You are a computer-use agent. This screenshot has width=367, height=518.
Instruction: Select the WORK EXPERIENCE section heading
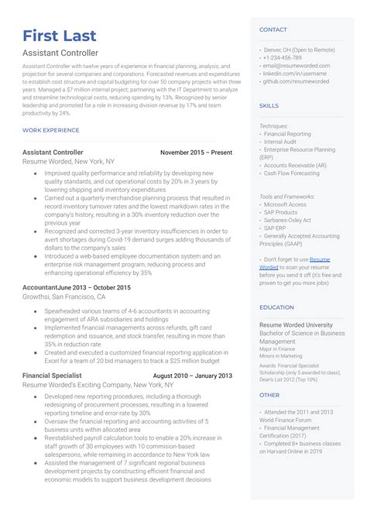point(51,130)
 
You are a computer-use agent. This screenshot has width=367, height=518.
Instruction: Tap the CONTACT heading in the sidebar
point(273,29)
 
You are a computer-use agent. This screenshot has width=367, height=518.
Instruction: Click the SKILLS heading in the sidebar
point(269,105)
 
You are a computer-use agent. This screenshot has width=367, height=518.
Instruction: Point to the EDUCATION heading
point(276,307)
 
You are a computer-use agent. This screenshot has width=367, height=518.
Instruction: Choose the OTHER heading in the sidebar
point(269,395)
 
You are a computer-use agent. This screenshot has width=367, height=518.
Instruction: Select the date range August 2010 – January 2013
point(192,376)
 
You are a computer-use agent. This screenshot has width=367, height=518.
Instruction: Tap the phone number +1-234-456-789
point(283,58)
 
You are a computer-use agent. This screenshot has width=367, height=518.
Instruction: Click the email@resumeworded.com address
point(297,66)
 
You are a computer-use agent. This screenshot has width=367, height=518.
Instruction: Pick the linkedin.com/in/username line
point(296,74)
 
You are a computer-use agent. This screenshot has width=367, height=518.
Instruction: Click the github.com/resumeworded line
point(296,81)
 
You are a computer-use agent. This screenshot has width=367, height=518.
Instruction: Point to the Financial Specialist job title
point(54,376)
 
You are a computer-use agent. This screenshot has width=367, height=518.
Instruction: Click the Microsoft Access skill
point(285,204)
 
